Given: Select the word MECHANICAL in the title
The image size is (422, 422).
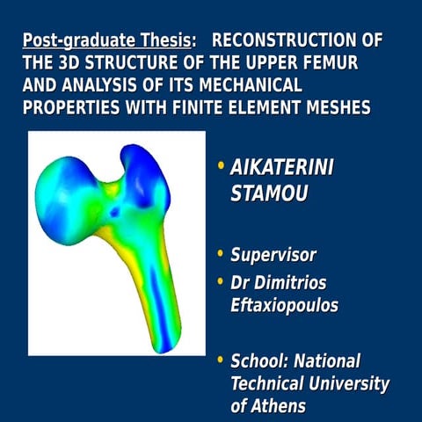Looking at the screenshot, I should [x=239, y=86].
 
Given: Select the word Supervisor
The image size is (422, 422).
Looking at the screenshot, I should [x=273, y=256].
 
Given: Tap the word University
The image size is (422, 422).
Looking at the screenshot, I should [x=344, y=384].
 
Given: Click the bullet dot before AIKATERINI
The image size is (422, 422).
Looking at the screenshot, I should [x=221, y=167].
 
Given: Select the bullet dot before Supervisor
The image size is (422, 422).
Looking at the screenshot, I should [x=221, y=256].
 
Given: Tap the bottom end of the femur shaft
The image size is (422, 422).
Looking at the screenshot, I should [x=164, y=343].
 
